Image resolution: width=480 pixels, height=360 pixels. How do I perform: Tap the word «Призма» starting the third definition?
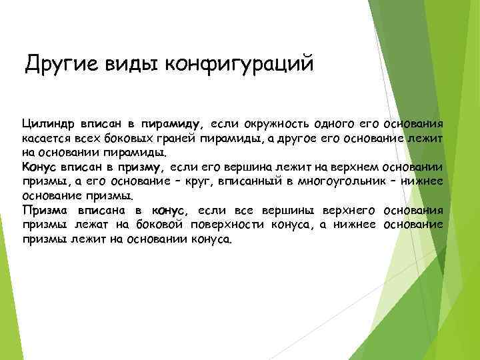point(44,211)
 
